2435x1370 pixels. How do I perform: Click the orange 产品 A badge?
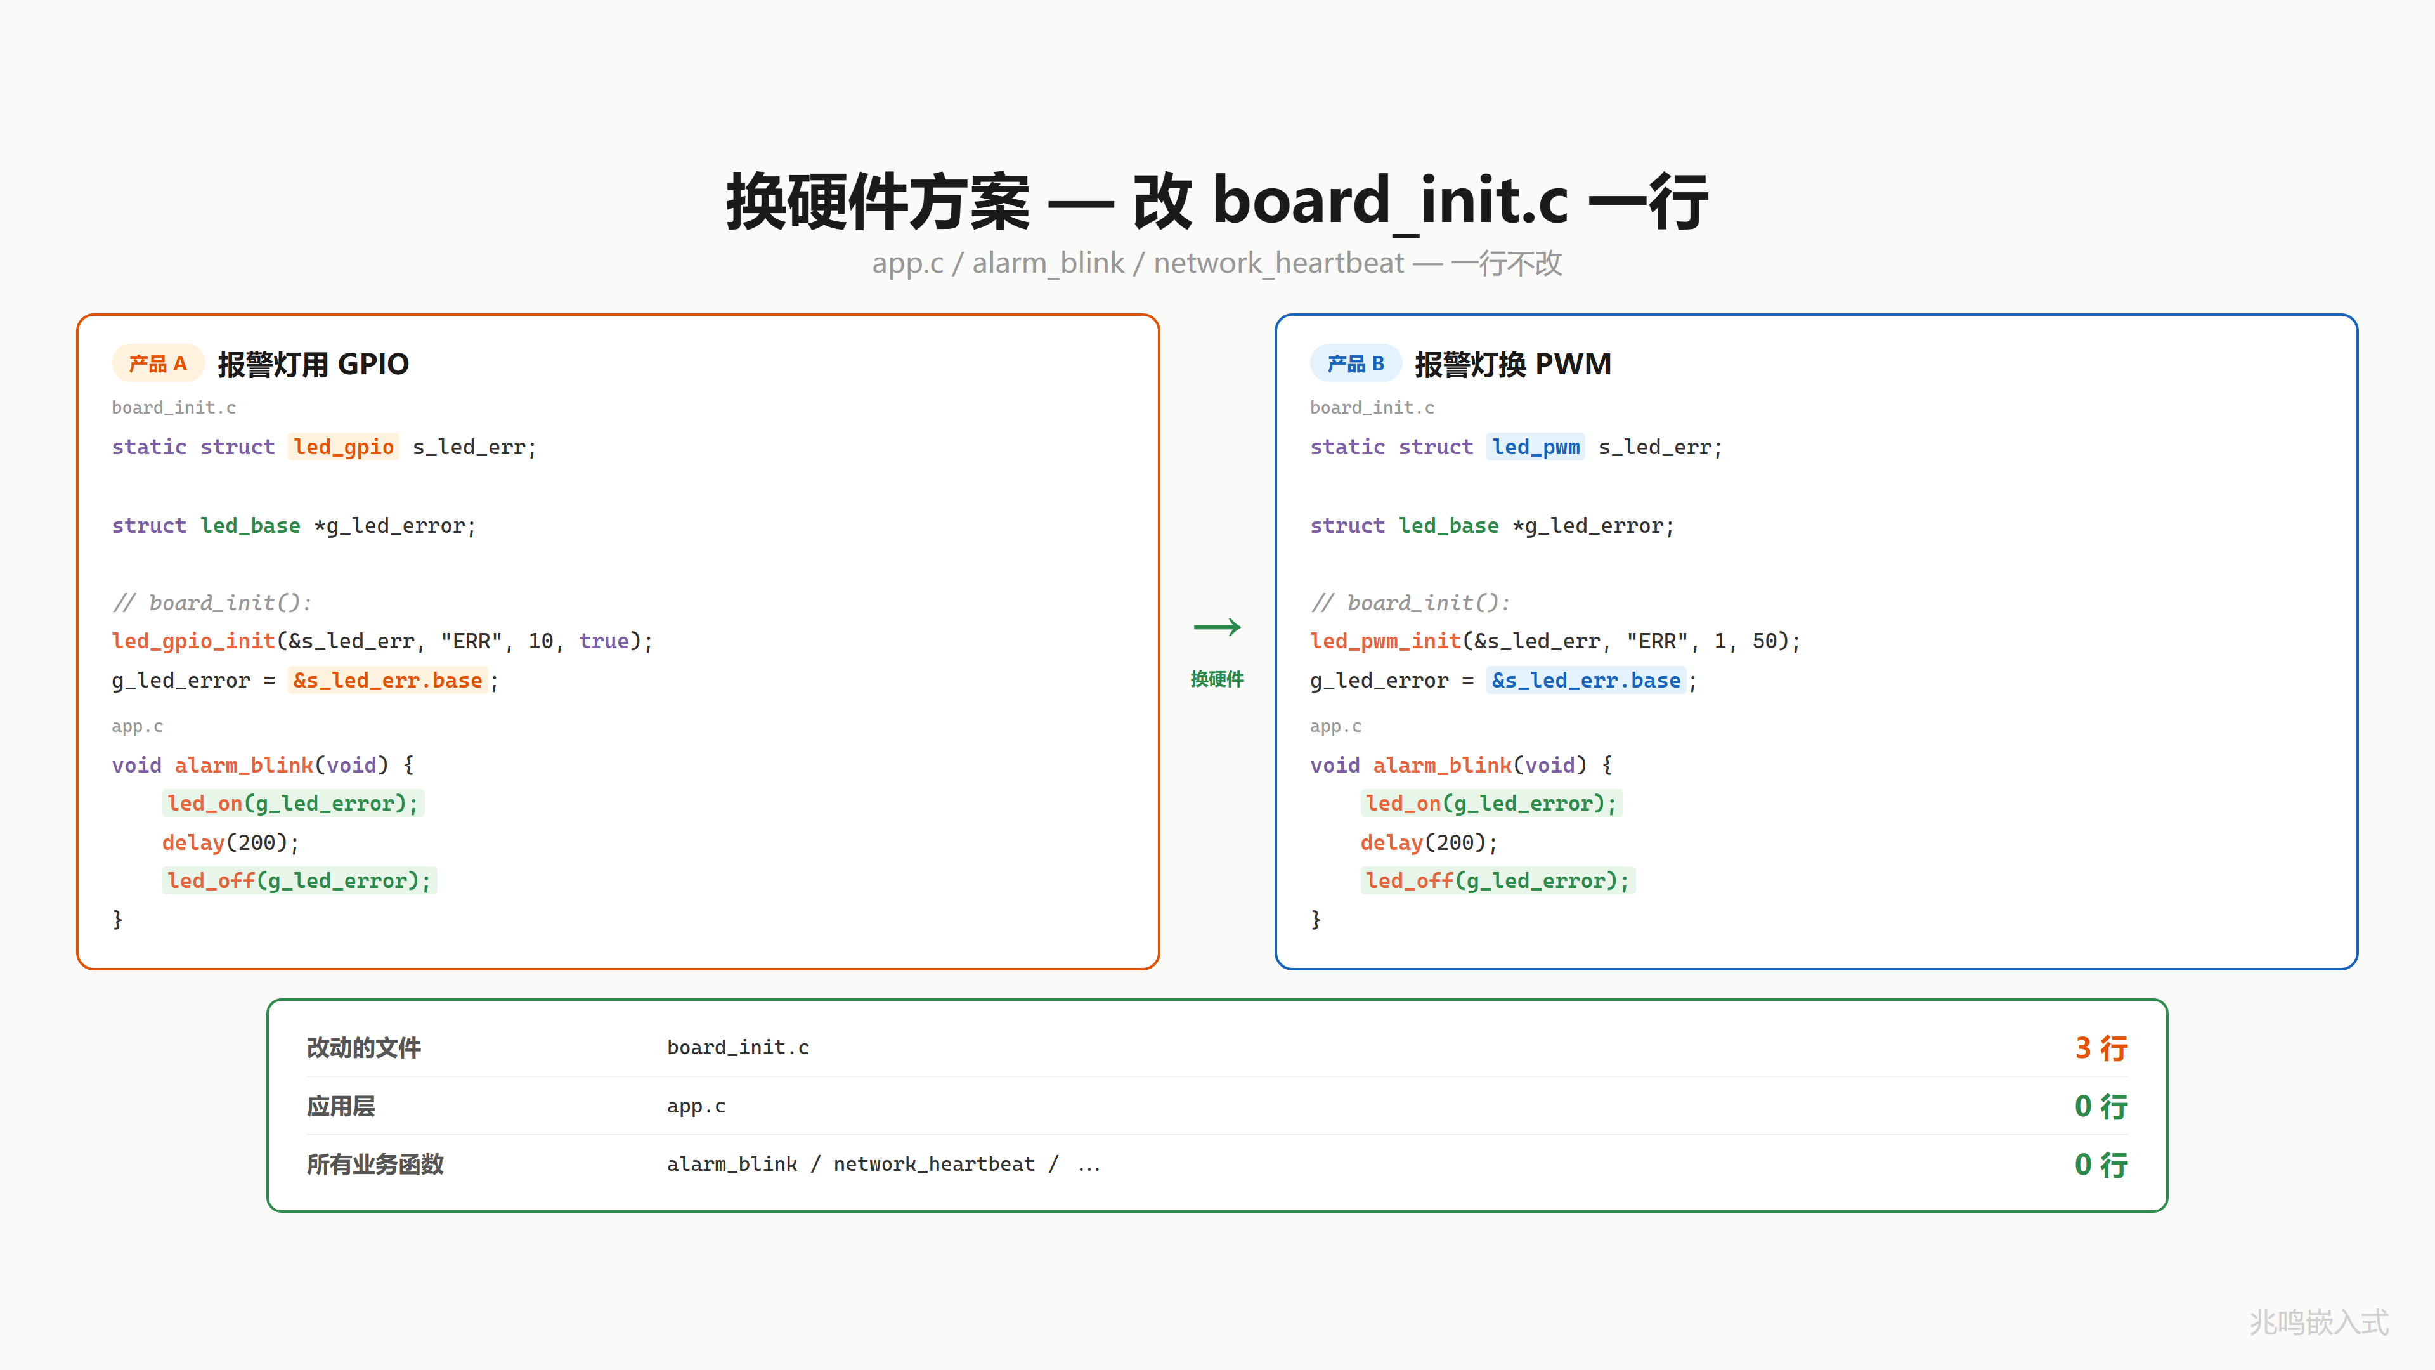[x=158, y=363]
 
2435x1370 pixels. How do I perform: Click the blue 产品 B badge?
[x=1356, y=363]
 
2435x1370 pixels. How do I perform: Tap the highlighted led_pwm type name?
[x=1536, y=447]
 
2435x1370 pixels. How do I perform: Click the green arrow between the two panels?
[x=1217, y=627]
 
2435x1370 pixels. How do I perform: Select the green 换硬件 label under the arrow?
[x=1217, y=679]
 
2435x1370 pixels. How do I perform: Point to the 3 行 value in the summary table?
[x=2100, y=1048]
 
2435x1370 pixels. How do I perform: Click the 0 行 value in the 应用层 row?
[x=2100, y=1106]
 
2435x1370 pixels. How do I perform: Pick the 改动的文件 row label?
[x=364, y=1048]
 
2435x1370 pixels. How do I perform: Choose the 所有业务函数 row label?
[x=375, y=1164]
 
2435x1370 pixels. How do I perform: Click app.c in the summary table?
[x=697, y=1106]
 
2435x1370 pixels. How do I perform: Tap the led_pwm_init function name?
[x=1386, y=641]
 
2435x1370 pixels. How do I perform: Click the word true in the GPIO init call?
[x=604, y=641]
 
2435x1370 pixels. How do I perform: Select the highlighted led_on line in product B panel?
[x=1491, y=803]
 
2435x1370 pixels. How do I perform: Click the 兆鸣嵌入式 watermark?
[x=2319, y=1322]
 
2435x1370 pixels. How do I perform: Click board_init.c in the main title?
[x=1391, y=202]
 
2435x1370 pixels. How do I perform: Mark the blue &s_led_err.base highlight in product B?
[x=1586, y=680]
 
